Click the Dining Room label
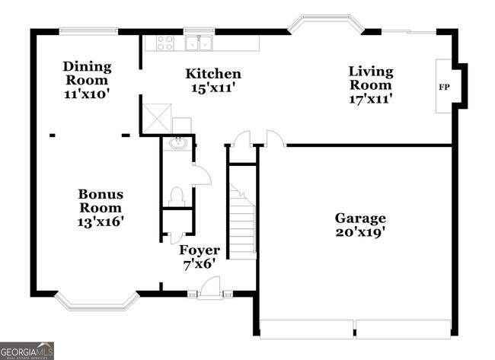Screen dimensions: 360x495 point(87,73)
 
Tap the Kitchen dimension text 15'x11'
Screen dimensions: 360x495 point(213,88)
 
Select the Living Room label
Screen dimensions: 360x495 point(371,78)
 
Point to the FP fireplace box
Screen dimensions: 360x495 point(443,86)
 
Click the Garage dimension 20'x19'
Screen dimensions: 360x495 point(360,233)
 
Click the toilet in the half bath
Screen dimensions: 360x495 point(177,196)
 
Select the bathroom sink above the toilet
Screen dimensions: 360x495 point(177,142)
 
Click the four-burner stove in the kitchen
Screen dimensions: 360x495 point(165,43)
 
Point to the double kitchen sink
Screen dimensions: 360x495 point(200,43)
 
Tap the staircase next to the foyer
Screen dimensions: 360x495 point(243,221)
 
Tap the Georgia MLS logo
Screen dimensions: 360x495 point(27,351)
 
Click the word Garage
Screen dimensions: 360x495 point(360,218)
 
